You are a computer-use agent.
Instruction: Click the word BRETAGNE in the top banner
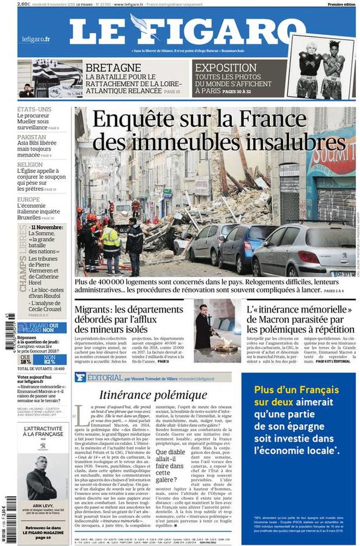pos(113,67)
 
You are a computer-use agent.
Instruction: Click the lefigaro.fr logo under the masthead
pos(36,39)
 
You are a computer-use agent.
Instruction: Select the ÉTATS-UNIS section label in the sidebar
pos(34,109)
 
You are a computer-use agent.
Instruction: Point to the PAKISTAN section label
pos(32,137)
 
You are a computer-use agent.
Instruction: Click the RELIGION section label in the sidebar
pos(30,164)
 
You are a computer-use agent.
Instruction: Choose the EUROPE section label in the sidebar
pos(28,199)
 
